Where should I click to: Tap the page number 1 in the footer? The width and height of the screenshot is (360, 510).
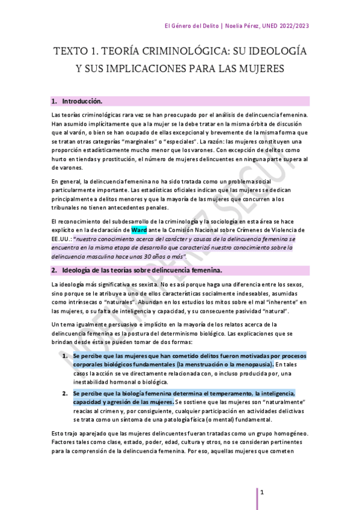click(262, 491)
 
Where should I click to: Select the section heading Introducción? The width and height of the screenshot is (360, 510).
click(82, 100)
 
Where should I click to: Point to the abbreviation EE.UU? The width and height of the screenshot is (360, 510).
click(62, 239)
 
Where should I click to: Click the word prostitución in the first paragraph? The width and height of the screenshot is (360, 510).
click(122, 159)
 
